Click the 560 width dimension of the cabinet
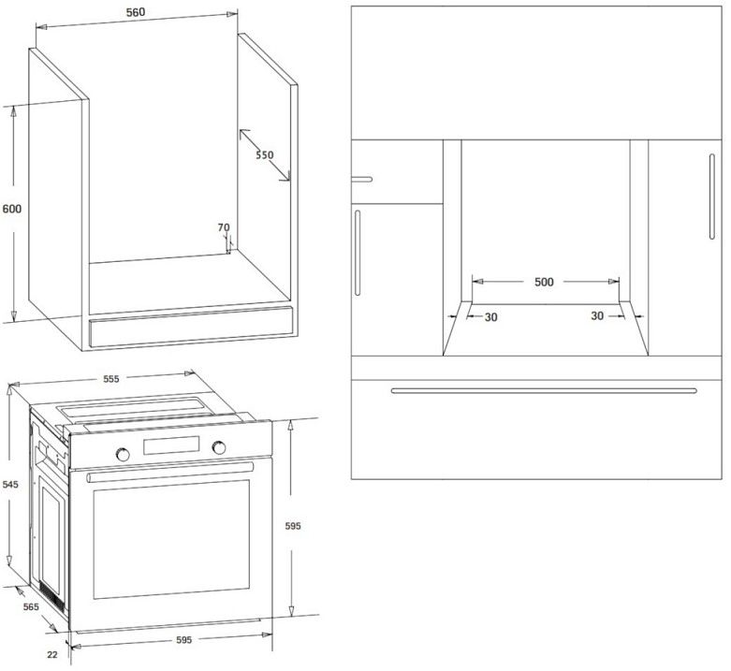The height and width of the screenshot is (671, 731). point(138,13)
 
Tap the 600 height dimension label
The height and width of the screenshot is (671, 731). point(12,210)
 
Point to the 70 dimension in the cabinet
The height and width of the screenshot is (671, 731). point(223,227)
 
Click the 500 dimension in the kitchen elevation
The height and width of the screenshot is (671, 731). point(544,281)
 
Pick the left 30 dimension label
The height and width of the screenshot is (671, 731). point(490,317)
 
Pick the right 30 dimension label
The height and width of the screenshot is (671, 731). point(597,317)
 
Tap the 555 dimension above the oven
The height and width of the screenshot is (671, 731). point(110,379)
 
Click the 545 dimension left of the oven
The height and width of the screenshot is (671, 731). point(10,485)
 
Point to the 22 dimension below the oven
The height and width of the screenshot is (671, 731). point(52,654)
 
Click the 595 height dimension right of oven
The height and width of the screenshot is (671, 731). point(293,528)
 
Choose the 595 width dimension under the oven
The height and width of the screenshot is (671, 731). point(183,640)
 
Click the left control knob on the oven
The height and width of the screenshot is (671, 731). point(122,453)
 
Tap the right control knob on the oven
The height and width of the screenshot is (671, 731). point(221,447)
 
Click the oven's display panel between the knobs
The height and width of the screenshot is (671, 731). point(171,446)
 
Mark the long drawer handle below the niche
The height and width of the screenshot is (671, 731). point(544,390)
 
